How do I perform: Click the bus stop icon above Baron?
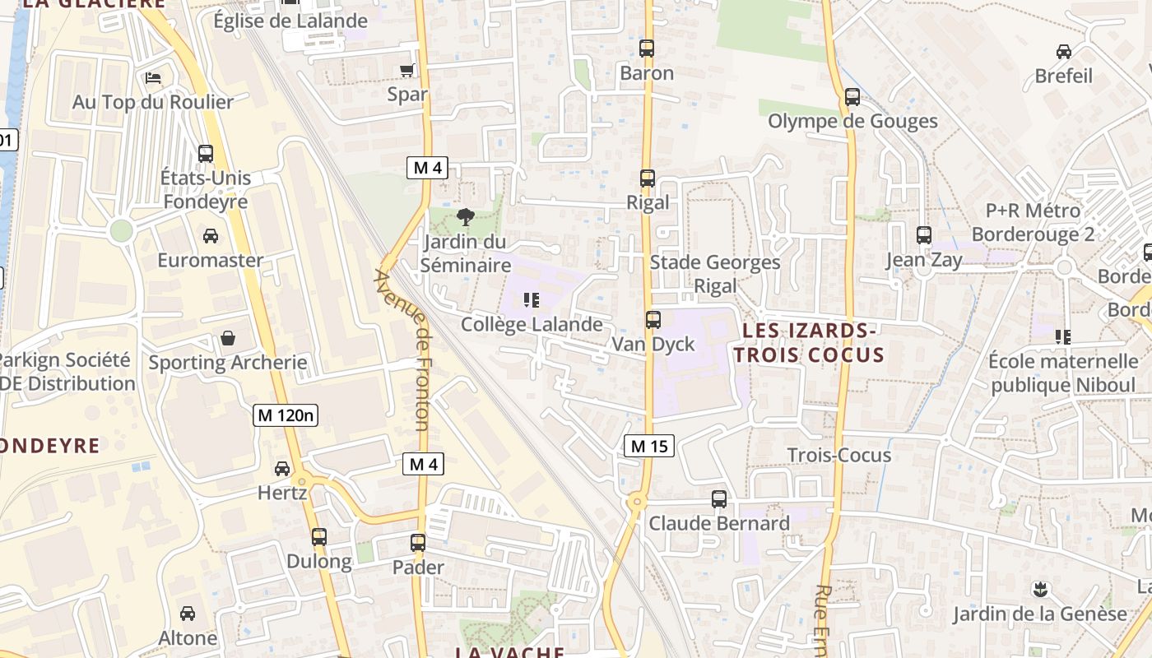tap(647, 49)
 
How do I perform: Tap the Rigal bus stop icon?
tap(648, 178)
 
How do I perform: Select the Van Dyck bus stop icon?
tap(653, 320)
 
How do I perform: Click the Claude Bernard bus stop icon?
tap(719, 499)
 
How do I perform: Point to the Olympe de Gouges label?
tap(852, 121)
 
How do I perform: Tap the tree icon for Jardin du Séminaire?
tap(465, 218)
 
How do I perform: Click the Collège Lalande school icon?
tap(532, 300)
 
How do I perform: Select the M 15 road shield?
tap(649, 446)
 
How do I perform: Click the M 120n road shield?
tap(286, 415)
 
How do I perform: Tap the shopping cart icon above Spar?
tap(407, 70)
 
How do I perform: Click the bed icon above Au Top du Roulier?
tap(153, 78)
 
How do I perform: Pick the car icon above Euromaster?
tap(211, 236)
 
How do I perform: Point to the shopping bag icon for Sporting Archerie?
tap(227, 338)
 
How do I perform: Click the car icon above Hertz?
tap(282, 469)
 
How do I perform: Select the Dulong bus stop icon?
tap(319, 537)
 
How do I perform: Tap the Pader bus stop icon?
tap(418, 543)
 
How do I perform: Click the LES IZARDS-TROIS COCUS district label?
tap(809, 343)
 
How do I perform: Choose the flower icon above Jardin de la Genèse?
tap(1040, 589)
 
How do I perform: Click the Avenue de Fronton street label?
tap(403, 350)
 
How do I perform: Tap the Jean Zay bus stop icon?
tap(924, 235)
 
